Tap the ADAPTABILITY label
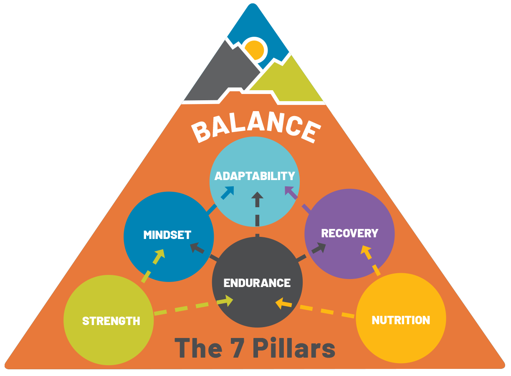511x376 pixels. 255,176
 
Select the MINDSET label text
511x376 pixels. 167,235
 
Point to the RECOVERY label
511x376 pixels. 349,233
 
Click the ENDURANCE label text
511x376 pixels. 257,283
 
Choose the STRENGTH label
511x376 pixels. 111,321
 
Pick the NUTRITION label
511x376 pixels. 401,320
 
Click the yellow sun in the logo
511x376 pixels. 255,49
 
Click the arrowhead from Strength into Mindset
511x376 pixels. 159,255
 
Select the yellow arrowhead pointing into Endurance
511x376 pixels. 281,303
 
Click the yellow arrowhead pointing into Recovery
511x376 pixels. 366,251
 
